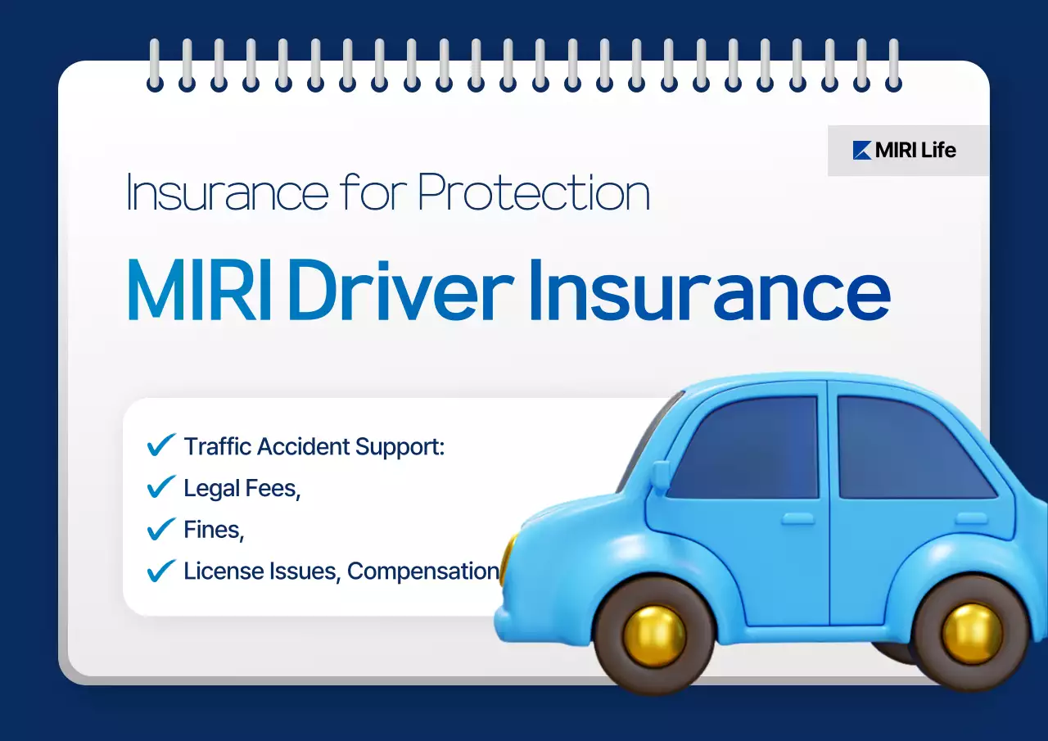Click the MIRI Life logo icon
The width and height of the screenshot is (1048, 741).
click(x=861, y=150)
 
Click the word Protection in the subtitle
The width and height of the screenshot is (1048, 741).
click(x=533, y=194)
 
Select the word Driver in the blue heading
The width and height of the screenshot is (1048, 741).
click(x=400, y=291)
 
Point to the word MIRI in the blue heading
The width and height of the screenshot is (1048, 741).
click(x=200, y=291)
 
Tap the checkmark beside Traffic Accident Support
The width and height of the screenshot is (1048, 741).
click(x=160, y=445)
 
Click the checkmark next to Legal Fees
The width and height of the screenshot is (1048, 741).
click(x=160, y=487)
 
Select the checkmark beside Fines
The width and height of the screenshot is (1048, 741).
click(x=160, y=529)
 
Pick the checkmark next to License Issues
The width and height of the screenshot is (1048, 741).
click(x=160, y=570)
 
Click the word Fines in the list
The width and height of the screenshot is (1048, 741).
click(x=214, y=530)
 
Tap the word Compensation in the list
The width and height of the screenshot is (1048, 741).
click(x=422, y=571)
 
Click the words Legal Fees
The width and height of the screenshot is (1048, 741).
click(x=242, y=488)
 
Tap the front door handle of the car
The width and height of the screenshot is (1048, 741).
click(x=797, y=518)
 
